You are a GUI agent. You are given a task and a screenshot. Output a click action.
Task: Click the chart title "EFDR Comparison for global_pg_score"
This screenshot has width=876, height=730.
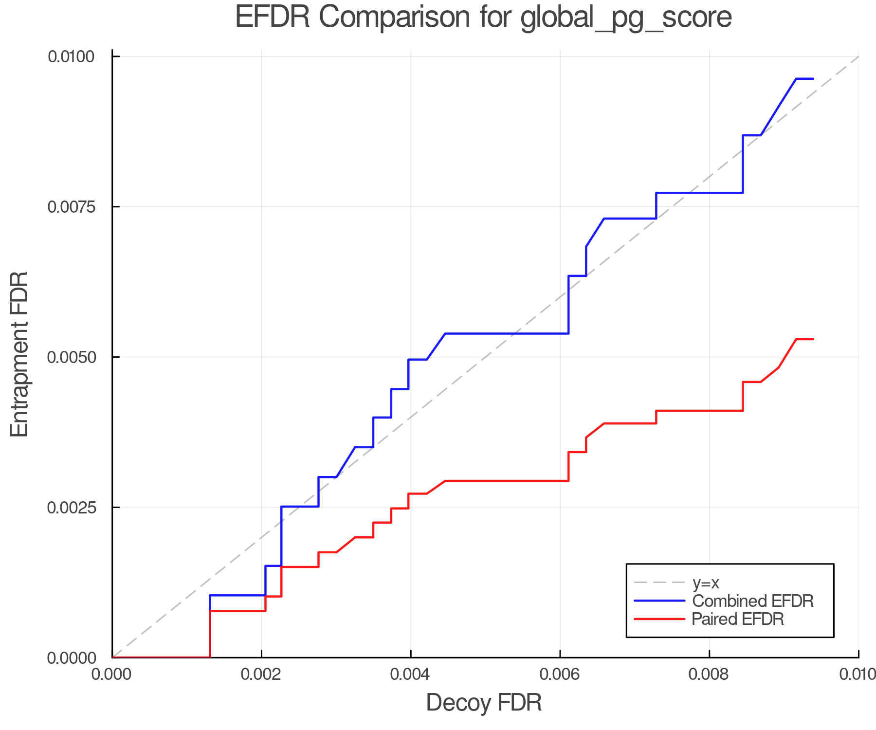pyautogui.click(x=483, y=18)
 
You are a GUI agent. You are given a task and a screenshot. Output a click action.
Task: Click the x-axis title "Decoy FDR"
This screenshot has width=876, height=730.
pyautogui.click(x=484, y=703)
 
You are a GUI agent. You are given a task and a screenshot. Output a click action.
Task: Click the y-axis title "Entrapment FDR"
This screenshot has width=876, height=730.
pyautogui.click(x=20, y=354)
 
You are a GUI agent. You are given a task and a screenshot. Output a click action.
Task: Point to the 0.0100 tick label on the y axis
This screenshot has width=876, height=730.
pyautogui.click(x=71, y=56)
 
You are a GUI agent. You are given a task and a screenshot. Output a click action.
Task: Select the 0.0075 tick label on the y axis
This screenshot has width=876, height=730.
pyautogui.click(x=71, y=207)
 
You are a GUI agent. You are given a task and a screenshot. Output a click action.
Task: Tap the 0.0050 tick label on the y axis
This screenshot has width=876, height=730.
pyautogui.click(x=71, y=357)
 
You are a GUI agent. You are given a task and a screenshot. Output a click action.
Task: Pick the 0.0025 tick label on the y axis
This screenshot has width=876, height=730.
pyautogui.click(x=71, y=508)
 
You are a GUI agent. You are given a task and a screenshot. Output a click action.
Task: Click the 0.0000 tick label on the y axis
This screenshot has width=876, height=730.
pyautogui.click(x=71, y=658)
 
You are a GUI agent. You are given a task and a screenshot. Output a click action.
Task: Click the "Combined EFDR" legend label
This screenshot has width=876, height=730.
pyautogui.click(x=752, y=601)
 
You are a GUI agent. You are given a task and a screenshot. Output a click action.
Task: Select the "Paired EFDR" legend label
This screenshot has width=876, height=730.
pyautogui.click(x=738, y=619)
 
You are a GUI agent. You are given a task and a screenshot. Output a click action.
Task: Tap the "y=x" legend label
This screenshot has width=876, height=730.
pyautogui.click(x=706, y=583)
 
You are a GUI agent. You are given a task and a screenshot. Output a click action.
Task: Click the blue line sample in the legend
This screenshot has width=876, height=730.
pyautogui.click(x=659, y=601)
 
